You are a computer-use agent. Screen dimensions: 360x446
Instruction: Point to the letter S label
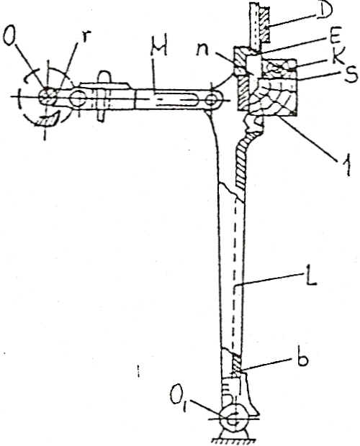(350, 75)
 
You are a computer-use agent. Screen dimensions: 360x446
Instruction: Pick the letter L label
(308, 277)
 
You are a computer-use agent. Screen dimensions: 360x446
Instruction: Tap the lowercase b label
(301, 358)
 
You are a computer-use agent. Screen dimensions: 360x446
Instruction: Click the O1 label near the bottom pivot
(179, 396)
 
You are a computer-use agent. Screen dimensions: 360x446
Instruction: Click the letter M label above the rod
(158, 50)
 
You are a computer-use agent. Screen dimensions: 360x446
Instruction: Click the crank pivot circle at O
(47, 96)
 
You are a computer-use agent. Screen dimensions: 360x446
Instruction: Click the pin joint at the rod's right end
(212, 100)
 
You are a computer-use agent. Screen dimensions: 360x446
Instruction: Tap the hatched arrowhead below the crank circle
(49, 119)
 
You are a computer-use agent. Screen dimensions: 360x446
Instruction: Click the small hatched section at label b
(237, 367)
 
